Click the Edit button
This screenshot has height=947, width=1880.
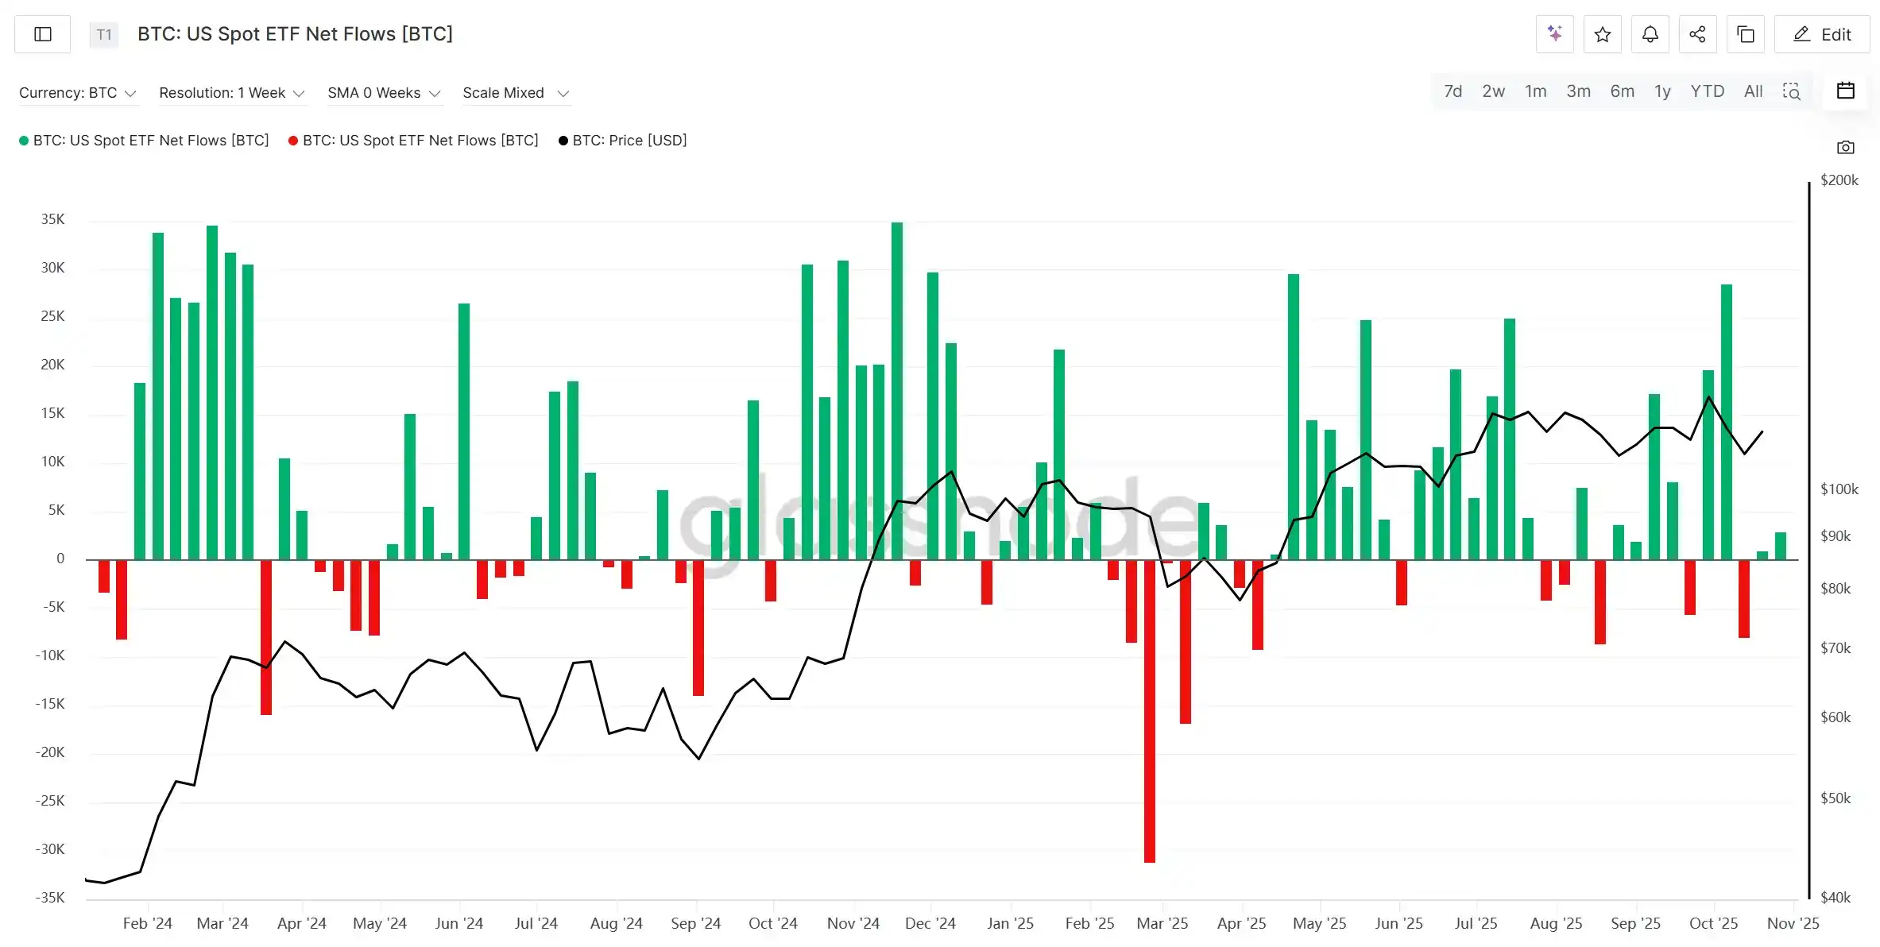point(1821,34)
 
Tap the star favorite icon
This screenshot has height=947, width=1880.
point(1602,34)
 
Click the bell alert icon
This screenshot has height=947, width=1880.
point(1650,34)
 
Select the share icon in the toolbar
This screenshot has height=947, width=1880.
point(1697,34)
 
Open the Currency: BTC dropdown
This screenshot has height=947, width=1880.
point(77,93)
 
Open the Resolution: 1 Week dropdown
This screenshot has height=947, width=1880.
point(231,93)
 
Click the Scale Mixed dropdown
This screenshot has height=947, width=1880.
point(516,93)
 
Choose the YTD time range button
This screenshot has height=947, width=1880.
point(1707,91)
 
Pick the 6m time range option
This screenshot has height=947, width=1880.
point(1622,91)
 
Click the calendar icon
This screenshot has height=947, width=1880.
point(1845,91)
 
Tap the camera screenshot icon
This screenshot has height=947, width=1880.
point(1845,147)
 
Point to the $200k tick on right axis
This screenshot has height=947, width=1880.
point(1839,180)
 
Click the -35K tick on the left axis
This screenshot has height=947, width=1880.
point(50,898)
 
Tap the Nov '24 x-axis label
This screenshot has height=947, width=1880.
point(853,923)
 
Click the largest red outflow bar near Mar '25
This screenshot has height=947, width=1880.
point(1149,711)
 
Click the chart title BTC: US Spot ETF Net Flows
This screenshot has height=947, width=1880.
point(295,34)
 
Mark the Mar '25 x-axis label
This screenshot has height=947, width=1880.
point(1162,923)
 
